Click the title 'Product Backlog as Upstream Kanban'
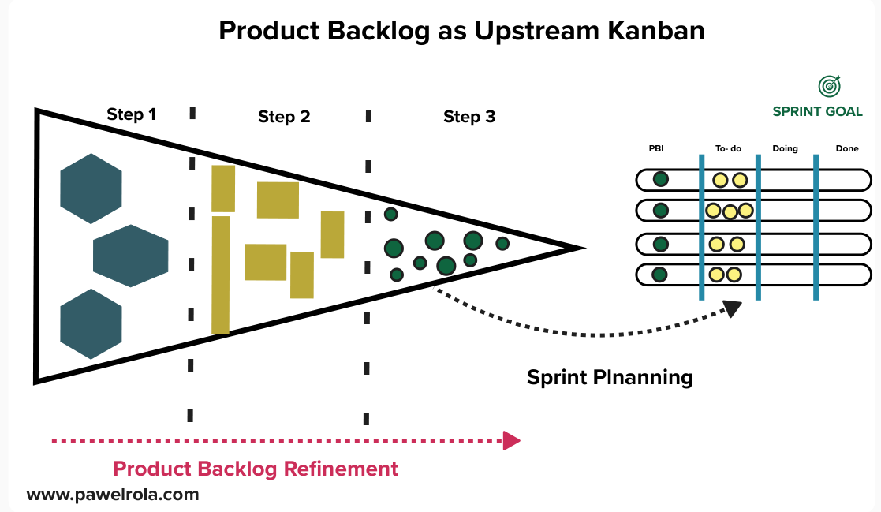click(461, 31)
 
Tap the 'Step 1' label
click(131, 114)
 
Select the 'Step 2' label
click(284, 118)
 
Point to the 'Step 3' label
click(469, 118)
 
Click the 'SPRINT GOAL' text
click(817, 111)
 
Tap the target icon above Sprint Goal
click(829, 85)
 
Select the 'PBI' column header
click(656, 148)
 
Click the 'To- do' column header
click(728, 148)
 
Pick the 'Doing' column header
click(785, 148)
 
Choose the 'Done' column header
click(847, 148)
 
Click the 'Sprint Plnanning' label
click(610, 377)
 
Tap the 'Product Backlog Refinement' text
click(256, 469)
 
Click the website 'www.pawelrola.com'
click(113, 495)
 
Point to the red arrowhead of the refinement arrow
click(512, 440)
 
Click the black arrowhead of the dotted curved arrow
click(733, 308)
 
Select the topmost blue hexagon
click(91, 189)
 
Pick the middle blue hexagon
click(131, 256)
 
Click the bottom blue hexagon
click(91, 323)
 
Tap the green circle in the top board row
click(661, 179)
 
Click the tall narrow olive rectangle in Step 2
click(221, 275)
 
